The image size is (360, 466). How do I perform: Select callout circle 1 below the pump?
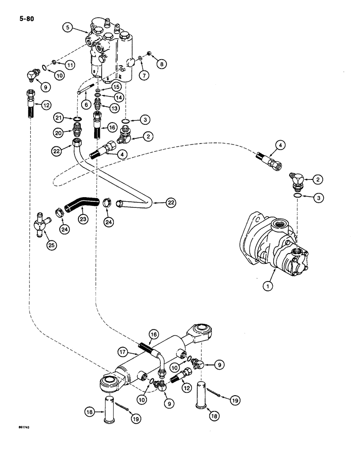(x=268, y=287)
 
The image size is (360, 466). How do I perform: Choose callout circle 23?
(x=83, y=218)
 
